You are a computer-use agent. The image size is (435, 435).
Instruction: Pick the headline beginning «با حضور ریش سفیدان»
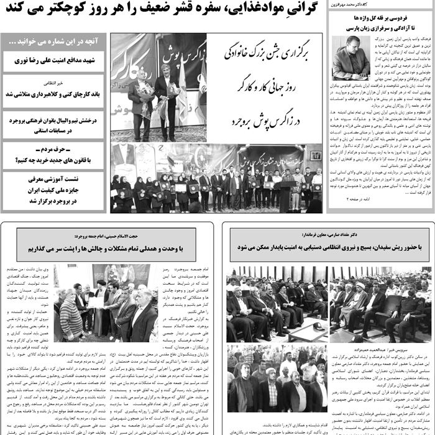coord(329,247)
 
